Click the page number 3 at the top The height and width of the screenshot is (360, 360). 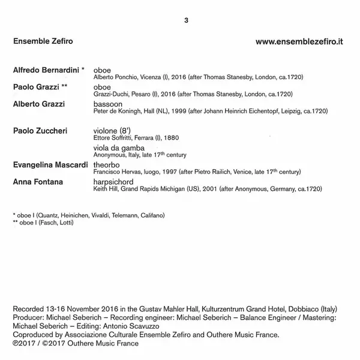pos(187,21)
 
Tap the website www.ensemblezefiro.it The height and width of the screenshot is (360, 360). pos(299,43)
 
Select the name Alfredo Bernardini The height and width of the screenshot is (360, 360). pos(47,70)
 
